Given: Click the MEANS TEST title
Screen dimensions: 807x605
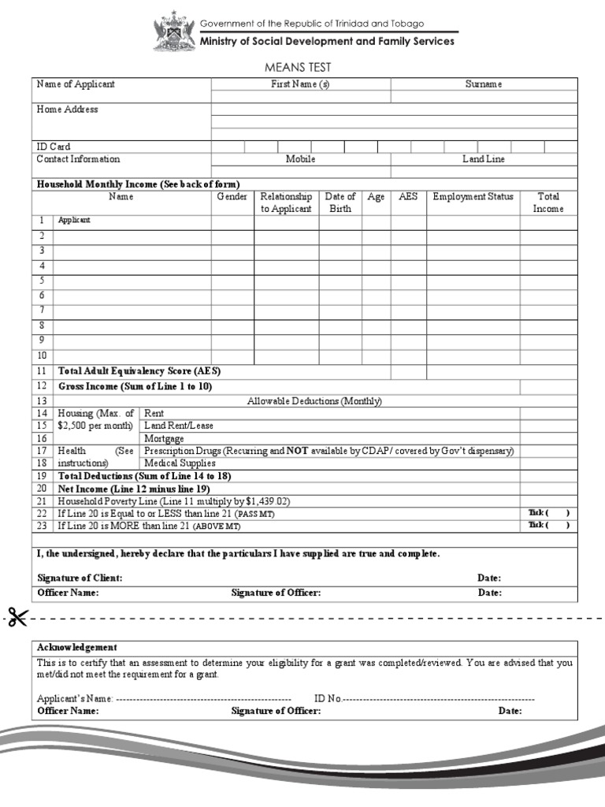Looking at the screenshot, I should [x=302, y=68].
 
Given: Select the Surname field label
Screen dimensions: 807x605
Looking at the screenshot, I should [x=483, y=84].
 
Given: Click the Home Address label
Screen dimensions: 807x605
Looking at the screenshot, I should [x=67, y=110].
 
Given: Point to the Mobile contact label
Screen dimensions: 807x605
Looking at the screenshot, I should [x=300, y=159].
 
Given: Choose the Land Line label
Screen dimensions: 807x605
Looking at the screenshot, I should [x=483, y=159].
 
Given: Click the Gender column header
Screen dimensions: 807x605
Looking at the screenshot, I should [x=232, y=197].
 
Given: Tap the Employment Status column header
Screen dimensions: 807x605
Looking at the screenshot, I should [x=473, y=197].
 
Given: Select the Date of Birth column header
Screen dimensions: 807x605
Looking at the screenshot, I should [x=340, y=203].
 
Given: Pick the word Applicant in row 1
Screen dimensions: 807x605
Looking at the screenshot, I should [x=74, y=221].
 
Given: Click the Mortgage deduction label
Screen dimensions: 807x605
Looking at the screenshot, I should [x=164, y=438].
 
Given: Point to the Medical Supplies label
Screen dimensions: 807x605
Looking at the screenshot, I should [x=180, y=463].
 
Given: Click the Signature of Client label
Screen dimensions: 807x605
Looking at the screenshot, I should [x=80, y=578].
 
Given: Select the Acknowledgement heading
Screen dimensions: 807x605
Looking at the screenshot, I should [x=77, y=647].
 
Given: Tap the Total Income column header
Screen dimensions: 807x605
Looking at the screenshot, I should [x=548, y=203].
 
